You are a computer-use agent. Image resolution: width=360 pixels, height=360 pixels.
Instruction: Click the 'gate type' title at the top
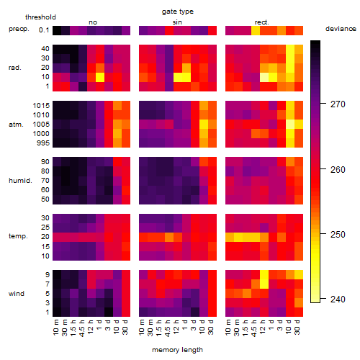pyautogui.click(x=178, y=12)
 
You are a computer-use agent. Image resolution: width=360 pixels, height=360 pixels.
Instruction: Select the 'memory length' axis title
pyautogui.click(x=177, y=350)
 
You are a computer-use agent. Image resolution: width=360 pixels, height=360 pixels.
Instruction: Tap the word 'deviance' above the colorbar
pyautogui.click(x=341, y=29)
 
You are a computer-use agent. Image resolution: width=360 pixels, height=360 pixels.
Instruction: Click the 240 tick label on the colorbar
pyautogui.click(x=338, y=300)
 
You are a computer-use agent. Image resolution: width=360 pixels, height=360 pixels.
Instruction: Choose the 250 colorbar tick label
pyautogui.click(x=338, y=235)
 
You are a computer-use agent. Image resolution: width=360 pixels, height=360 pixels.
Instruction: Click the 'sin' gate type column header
pyautogui.click(x=177, y=22)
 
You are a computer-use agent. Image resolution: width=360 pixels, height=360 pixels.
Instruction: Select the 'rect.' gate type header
pyautogui.click(x=261, y=22)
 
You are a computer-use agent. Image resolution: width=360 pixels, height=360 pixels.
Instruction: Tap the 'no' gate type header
pyautogui.click(x=93, y=22)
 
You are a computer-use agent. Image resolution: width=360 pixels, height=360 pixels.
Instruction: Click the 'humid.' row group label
pyautogui.click(x=20, y=181)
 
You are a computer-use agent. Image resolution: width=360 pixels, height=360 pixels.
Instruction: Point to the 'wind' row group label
pyautogui.click(x=17, y=294)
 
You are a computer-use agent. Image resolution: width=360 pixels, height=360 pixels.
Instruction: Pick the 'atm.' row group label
pyautogui.click(x=16, y=125)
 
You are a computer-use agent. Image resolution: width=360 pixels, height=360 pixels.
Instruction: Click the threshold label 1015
pyautogui.click(x=41, y=106)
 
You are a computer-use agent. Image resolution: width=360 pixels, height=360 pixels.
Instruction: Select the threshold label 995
pyautogui.click(x=43, y=143)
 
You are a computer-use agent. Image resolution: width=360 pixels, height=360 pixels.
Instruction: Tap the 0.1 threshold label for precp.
pyautogui.click(x=44, y=30)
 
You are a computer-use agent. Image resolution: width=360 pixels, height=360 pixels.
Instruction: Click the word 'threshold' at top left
pyautogui.click(x=40, y=17)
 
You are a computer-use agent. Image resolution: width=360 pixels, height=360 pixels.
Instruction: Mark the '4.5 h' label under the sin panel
pyautogui.click(x=168, y=328)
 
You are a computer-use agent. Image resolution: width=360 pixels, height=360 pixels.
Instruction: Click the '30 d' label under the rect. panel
pyautogui.click(x=297, y=327)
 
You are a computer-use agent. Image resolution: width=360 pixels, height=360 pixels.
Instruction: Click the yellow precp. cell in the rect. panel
pyautogui.click(x=256, y=30)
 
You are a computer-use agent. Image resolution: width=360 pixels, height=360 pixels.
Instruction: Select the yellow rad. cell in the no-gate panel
pyautogui.click(x=100, y=77)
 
